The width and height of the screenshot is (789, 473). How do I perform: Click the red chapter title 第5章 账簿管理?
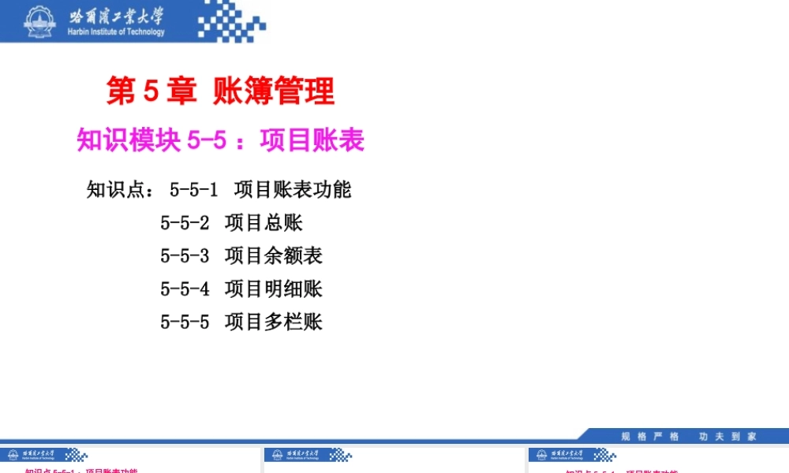(220, 92)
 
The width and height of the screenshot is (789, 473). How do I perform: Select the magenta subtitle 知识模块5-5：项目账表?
(220, 140)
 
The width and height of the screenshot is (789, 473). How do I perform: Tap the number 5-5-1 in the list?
(193, 190)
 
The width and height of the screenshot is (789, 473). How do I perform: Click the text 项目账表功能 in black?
(293, 190)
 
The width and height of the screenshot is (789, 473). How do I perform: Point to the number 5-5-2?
(185, 223)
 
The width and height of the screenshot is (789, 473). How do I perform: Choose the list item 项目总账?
(264, 223)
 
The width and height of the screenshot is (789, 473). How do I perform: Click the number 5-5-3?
(185, 256)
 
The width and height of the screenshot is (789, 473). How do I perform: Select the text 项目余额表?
(274, 256)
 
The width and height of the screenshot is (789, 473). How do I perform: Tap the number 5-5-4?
(185, 289)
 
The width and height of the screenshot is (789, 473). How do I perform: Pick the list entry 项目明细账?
(274, 289)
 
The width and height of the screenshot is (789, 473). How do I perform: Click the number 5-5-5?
(185, 322)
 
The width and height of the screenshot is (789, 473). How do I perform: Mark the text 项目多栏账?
(274, 322)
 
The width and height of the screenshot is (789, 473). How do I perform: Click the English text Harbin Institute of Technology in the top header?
(117, 32)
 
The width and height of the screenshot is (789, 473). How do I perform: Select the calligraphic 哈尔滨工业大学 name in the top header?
(117, 16)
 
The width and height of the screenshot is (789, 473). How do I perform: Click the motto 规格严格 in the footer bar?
(649, 436)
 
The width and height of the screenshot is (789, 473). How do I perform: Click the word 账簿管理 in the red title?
(274, 92)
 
